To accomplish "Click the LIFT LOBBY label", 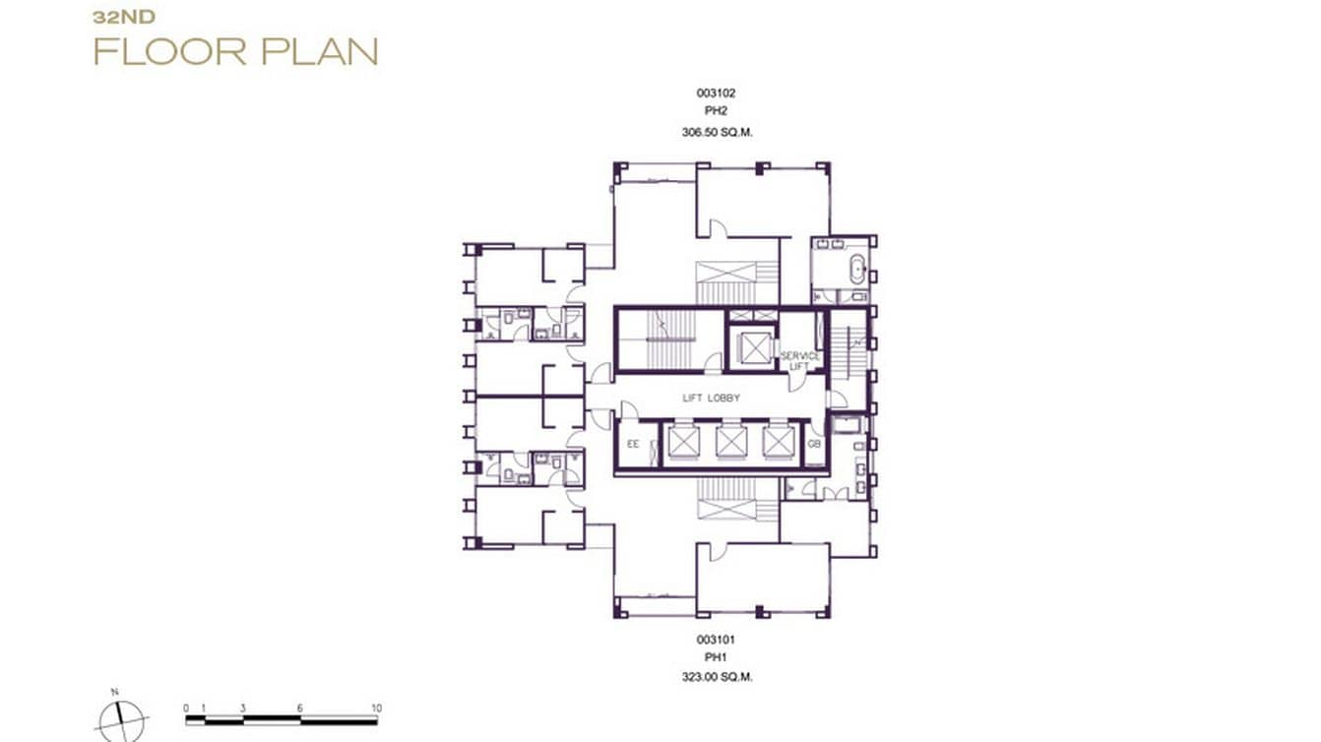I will pyautogui.click(x=711, y=398).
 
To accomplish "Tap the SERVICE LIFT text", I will pyautogui.click(x=799, y=360).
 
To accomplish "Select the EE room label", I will pyautogui.click(x=633, y=445).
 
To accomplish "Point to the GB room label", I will pyautogui.click(x=814, y=445).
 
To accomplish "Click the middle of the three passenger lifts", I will pyautogui.click(x=730, y=442).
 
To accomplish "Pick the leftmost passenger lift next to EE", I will pyautogui.click(x=681, y=442).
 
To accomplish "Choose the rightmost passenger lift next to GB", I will pyautogui.click(x=778, y=442).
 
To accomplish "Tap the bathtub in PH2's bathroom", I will pyautogui.click(x=856, y=269).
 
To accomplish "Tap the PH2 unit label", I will pyautogui.click(x=716, y=112).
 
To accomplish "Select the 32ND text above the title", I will pyautogui.click(x=118, y=17).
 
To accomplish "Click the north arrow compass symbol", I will pyautogui.click(x=121, y=718).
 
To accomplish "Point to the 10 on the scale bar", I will pyautogui.click(x=376, y=709).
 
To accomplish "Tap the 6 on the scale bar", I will pyautogui.click(x=301, y=709).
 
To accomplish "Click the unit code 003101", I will pyautogui.click(x=716, y=639).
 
